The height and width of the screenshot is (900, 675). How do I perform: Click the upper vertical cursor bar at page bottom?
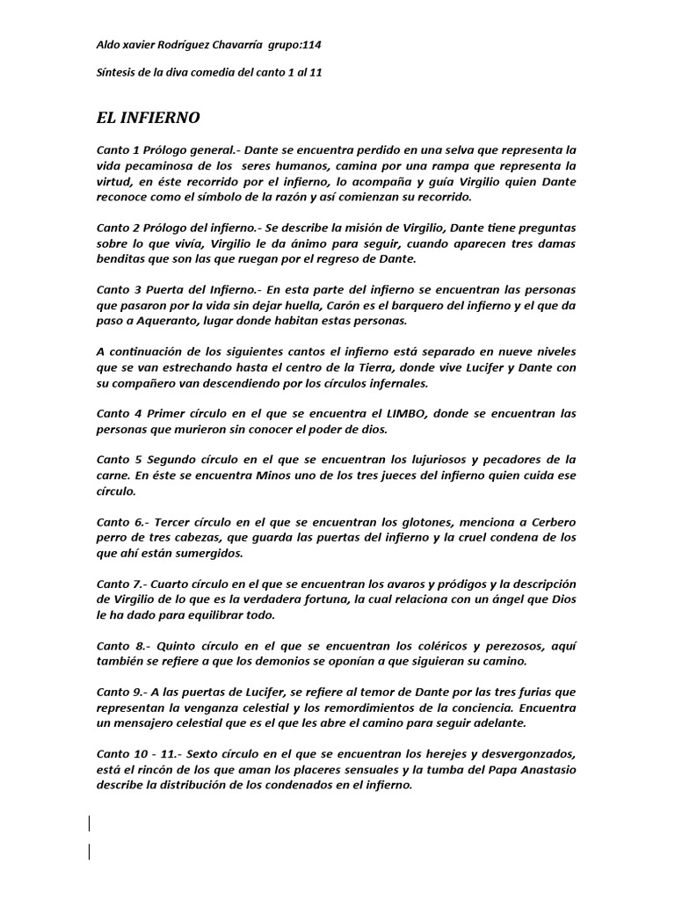coord(89,824)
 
